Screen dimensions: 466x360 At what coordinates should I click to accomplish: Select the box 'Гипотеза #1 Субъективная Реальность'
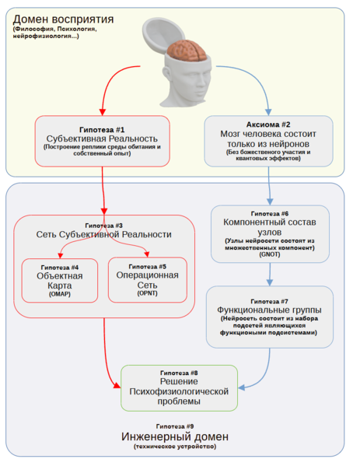point(102,140)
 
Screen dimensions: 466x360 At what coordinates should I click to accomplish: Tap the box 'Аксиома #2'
point(269,140)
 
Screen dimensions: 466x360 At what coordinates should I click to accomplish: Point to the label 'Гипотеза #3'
point(103,225)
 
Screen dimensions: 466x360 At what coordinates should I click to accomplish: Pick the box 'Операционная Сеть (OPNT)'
point(147,279)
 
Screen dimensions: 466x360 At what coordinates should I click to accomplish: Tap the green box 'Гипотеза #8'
point(179,387)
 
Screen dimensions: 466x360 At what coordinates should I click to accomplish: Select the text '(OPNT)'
point(147,294)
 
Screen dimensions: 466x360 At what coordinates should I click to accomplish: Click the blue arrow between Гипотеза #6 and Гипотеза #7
point(269,272)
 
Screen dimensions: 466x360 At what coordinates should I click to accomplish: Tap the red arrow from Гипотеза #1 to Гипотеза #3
point(103,187)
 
